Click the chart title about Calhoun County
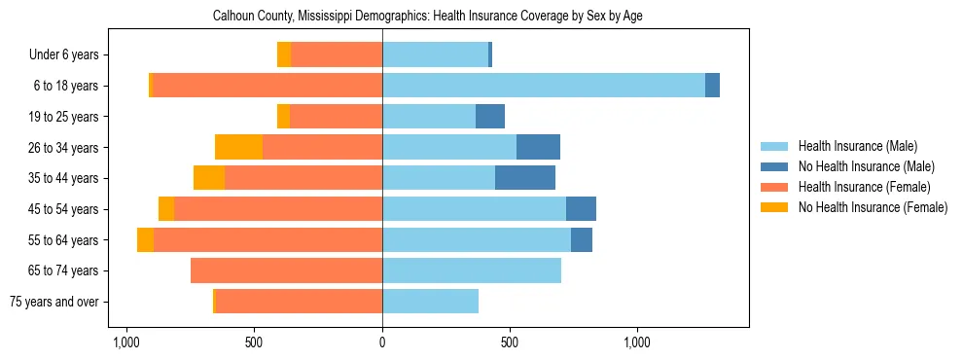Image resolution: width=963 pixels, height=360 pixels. click(x=427, y=17)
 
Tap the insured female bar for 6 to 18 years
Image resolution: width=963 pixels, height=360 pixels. click(x=267, y=86)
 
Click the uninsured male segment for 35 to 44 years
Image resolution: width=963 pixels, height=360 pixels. click(x=525, y=178)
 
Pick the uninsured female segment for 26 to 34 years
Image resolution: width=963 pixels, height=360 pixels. click(x=238, y=147)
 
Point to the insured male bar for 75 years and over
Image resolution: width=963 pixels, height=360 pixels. click(x=430, y=302)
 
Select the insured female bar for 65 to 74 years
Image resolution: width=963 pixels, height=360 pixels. click(x=286, y=270)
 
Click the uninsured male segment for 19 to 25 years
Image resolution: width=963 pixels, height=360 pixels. click(x=490, y=117)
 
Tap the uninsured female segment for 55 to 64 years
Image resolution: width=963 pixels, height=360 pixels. click(x=145, y=239)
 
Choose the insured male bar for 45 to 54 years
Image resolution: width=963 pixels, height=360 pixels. click(x=474, y=209)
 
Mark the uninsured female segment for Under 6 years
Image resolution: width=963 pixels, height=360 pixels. click(x=284, y=54)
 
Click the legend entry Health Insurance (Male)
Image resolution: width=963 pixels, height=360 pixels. click(x=857, y=146)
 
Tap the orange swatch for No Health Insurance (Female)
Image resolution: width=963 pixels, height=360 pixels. click(x=775, y=207)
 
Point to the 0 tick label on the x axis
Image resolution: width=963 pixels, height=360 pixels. click(x=382, y=342)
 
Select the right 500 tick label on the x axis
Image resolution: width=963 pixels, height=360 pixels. click(x=510, y=342)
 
